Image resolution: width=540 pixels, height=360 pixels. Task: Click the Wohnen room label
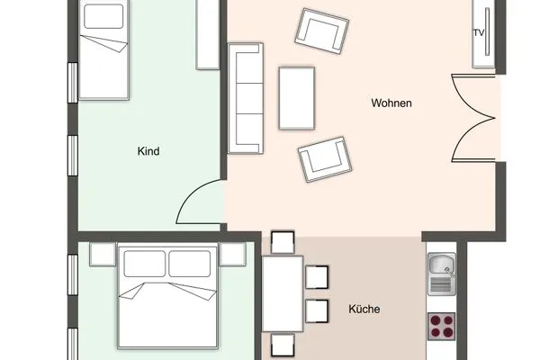391,103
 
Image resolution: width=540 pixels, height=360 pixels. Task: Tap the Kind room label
148,151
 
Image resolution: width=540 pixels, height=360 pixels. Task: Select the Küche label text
364,309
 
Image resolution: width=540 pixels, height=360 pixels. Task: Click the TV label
479,32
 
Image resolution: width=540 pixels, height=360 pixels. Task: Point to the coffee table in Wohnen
297,98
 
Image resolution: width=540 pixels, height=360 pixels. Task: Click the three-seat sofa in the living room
246,98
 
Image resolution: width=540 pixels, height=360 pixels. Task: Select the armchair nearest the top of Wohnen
322,31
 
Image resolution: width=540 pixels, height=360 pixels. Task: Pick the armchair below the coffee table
325,159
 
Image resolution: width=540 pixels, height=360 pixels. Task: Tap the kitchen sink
442,274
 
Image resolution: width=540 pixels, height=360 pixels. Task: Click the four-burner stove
442,326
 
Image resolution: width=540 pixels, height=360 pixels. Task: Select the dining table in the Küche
283,294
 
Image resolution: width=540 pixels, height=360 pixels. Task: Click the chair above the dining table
283,243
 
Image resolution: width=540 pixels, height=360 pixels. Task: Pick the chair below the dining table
283,346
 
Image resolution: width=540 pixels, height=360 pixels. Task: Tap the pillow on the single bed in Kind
103,16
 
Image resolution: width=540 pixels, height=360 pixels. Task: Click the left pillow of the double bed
145,264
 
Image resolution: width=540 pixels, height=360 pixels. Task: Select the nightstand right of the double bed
232,254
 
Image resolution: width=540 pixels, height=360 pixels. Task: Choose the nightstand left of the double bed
103,254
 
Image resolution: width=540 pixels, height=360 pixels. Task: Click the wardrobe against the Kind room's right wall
208,34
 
